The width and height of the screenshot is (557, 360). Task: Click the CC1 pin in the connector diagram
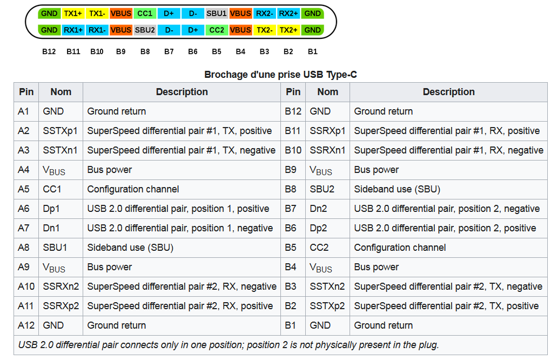coord(145,14)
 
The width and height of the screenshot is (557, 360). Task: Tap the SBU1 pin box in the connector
coord(217,14)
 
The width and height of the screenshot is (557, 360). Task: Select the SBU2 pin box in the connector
coord(145,30)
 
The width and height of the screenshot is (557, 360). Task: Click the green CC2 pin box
coord(217,30)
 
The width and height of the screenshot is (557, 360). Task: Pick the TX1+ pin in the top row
coord(73,14)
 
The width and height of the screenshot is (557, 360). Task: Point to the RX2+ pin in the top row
coord(288,14)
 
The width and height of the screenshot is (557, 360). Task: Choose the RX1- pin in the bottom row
coord(97,30)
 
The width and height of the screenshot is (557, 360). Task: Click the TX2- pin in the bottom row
coord(265,30)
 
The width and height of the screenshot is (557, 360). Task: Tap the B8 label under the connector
coord(145,52)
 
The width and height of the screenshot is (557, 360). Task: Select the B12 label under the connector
coord(49,52)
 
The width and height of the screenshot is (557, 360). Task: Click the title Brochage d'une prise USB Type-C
coord(280,75)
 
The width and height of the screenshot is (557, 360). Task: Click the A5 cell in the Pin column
coord(24,189)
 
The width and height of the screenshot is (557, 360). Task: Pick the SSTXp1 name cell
coord(60,131)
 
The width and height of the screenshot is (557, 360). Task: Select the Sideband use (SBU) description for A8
coord(130,248)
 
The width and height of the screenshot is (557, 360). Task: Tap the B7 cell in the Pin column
coord(291,209)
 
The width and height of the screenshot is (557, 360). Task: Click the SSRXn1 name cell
coord(327,150)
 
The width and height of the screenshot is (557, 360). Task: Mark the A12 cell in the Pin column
coord(26,325)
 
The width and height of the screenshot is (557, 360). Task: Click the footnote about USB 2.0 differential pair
coord(229,345)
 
